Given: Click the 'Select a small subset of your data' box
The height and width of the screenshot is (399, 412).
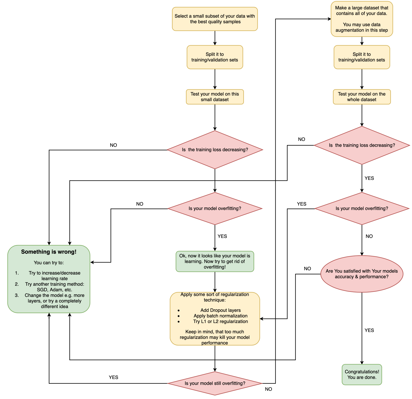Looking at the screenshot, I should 215,19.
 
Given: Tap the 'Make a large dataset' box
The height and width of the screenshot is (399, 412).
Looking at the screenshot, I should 362,19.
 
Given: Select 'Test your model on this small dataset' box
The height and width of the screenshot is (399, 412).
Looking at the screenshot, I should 215,97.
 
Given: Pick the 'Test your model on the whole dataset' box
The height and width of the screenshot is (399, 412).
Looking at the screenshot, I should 362,97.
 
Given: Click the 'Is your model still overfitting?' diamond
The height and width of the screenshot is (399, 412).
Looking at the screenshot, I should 215,383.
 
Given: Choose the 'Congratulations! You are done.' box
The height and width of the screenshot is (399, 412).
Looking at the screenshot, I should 362,374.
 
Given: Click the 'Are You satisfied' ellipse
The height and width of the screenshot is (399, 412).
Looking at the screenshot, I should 362,274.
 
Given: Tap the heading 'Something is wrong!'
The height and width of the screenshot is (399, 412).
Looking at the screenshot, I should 49,252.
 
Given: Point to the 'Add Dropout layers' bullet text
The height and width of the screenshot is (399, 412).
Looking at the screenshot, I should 221,310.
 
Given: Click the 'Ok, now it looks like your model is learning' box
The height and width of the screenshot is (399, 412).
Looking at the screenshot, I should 215,261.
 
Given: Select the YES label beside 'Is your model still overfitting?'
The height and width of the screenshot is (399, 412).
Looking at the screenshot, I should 113,377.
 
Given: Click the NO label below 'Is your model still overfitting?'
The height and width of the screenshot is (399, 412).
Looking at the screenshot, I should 268,389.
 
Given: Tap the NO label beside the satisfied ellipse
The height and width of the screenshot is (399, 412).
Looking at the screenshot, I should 307,269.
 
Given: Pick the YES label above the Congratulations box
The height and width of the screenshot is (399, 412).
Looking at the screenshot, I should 369,330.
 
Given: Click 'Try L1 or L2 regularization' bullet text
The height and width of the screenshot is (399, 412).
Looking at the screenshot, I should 221,321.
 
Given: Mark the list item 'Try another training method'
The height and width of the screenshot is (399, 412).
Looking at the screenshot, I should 54,287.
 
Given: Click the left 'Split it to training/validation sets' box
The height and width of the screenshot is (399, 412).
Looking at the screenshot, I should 215,57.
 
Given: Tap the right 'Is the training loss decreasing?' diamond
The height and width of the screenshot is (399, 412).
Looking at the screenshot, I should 362,145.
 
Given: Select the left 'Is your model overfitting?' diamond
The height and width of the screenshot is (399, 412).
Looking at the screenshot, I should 215,209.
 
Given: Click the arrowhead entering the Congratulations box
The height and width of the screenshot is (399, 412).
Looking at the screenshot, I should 362,363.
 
